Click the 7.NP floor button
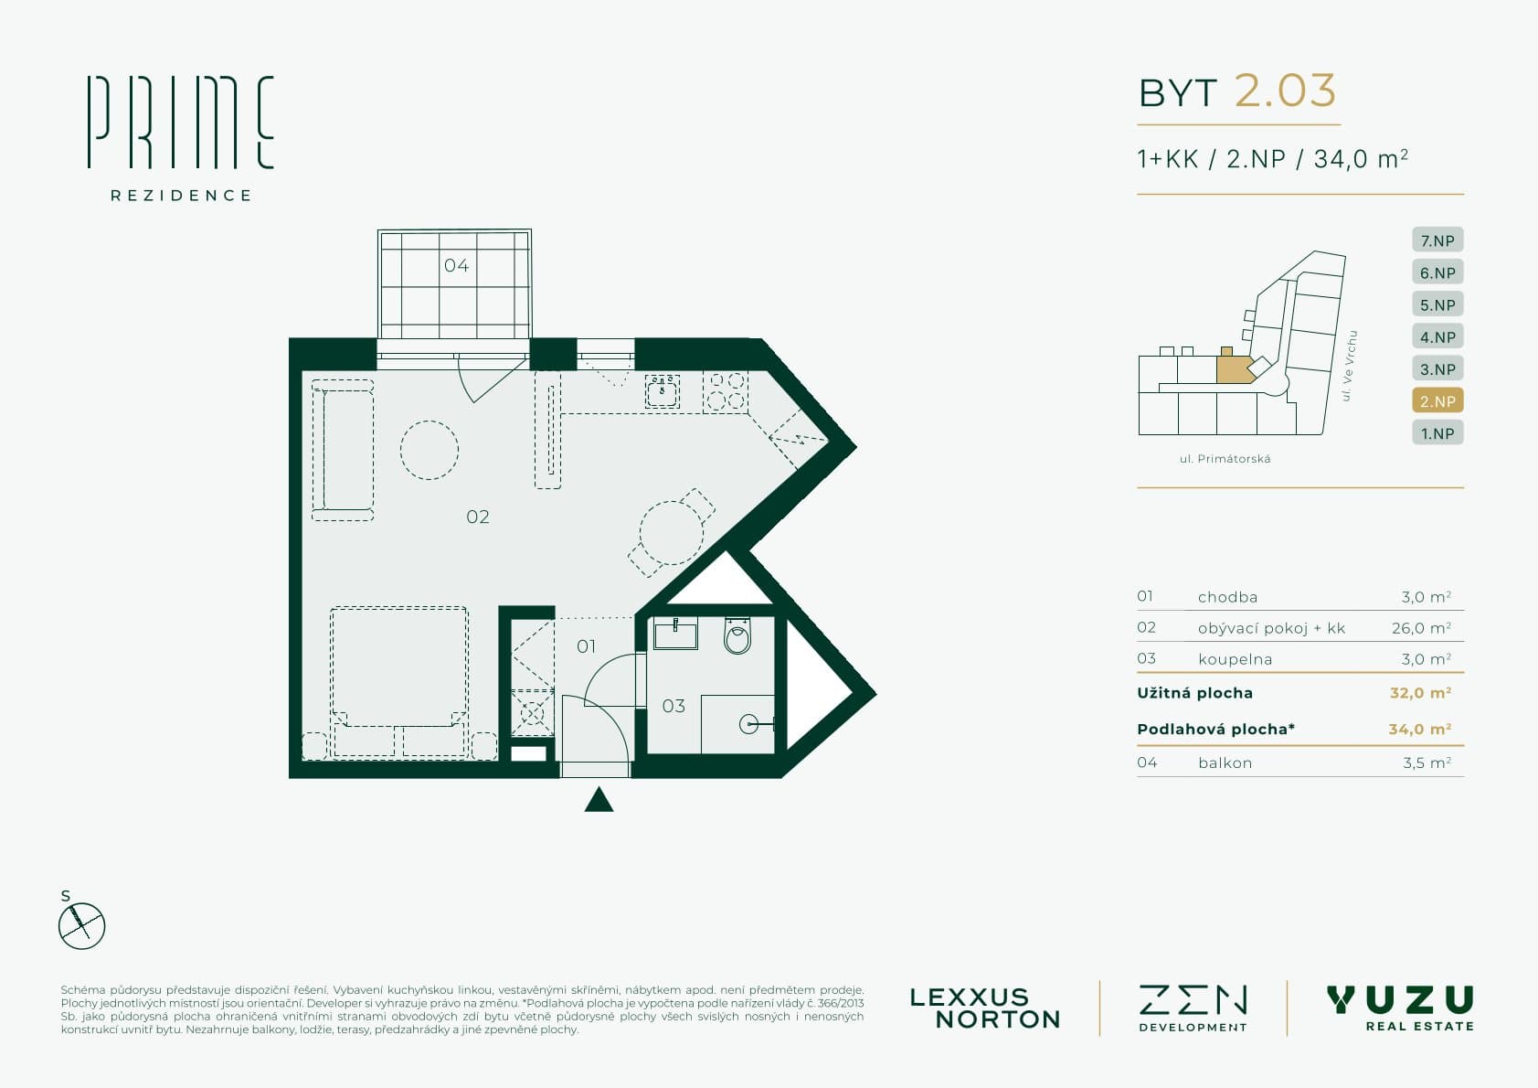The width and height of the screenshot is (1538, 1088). [1437, 240]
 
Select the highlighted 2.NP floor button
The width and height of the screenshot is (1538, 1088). [1437, 401]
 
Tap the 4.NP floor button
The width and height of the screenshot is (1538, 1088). [1437, 336]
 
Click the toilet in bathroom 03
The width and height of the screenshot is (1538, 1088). [737, 635]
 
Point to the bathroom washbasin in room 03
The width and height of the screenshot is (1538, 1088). [675, 633]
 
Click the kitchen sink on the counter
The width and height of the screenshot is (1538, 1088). [663, 391]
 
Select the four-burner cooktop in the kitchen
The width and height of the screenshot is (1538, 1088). [726, 390]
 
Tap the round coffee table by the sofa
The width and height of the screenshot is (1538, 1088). [430, 450]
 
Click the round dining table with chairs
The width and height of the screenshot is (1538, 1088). [672, 532]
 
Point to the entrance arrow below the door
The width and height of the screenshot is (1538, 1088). [599, 799]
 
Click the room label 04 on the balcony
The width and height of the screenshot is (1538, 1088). [457, 265]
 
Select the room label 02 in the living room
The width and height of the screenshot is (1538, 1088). [478, 517]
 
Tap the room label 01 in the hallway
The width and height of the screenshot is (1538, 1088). [587, 646]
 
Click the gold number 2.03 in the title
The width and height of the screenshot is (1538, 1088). [1286, 91]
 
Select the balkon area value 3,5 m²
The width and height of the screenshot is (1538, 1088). [1427, 763]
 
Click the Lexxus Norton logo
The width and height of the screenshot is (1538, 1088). [984, 1008]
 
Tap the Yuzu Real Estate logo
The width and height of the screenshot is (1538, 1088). [1401, 1008]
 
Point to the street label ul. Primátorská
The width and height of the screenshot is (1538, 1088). [1225, 459]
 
